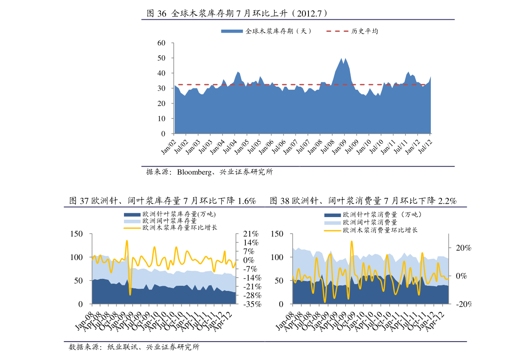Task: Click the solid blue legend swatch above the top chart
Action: pos(232,31)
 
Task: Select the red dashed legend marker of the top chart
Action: pos(337,31)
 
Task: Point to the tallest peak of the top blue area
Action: pos(342,58)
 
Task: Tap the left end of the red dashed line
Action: pos(178,85)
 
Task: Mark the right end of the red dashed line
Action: pos(426,85)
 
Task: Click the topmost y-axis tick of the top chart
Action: pos(172,43)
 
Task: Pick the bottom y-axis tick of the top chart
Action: pos(172,133)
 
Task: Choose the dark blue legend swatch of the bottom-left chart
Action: pos(132,215)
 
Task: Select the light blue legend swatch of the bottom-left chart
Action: pos(132,222)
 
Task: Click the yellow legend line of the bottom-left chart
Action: pos(132,228)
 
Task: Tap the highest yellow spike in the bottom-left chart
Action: pos(127,241)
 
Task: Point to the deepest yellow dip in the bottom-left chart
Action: pos(130,294)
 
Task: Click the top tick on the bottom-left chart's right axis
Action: pos(237,234)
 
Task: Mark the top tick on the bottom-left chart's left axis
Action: pos(91,234)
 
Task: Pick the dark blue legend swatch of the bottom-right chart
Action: pos(333,215)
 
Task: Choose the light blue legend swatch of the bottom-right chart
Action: pos(333,223)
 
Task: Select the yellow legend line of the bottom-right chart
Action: pos(333,231)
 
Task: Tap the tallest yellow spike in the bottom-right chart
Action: pos(351,241)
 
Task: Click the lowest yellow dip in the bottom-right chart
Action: pos(325,302)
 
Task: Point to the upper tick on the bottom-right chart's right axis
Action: pos(450,248)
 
